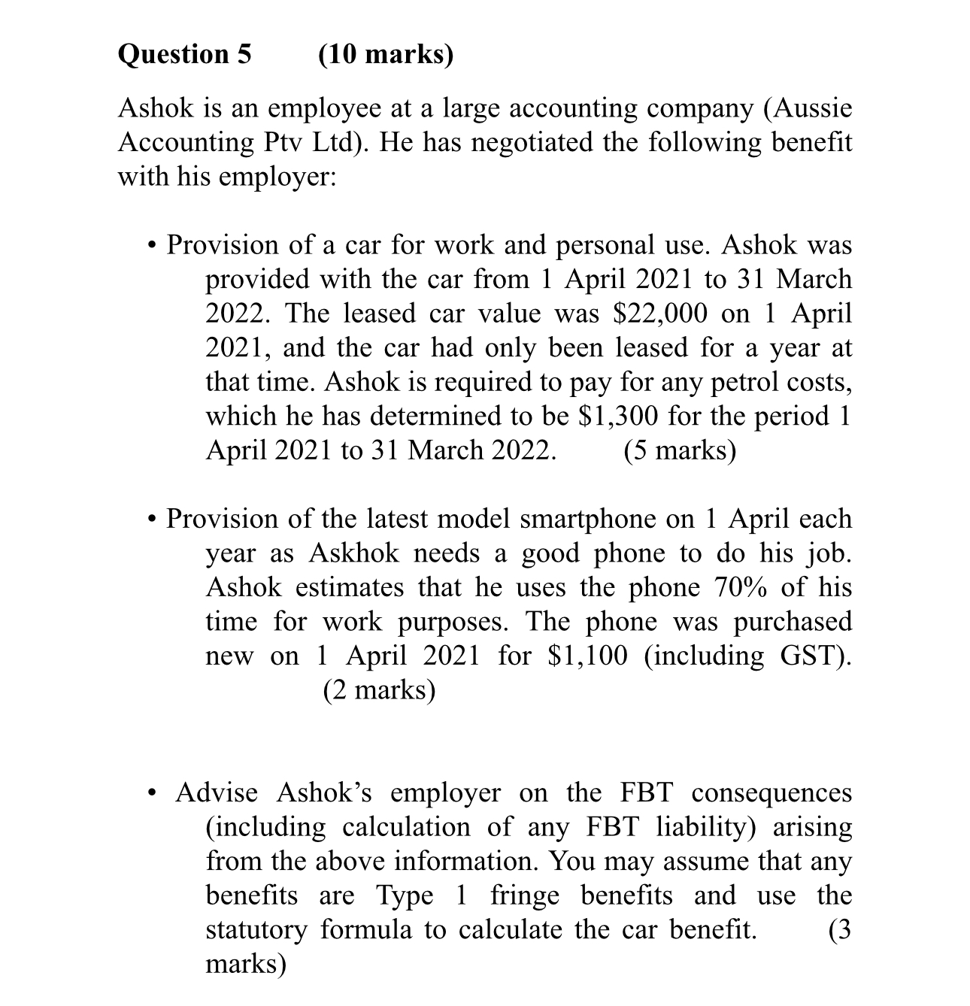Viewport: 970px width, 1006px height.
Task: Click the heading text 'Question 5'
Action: click(185, 55)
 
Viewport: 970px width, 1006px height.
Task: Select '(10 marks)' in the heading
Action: click(386, 55)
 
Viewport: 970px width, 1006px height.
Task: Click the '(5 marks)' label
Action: click(680, 450)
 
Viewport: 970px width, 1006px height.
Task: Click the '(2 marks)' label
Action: click(379, 689)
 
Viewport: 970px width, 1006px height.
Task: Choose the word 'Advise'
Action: click(217, 792)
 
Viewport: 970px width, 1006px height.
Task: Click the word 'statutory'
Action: click(256, 930)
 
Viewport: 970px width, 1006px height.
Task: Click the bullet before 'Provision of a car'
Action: click(153, 247)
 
